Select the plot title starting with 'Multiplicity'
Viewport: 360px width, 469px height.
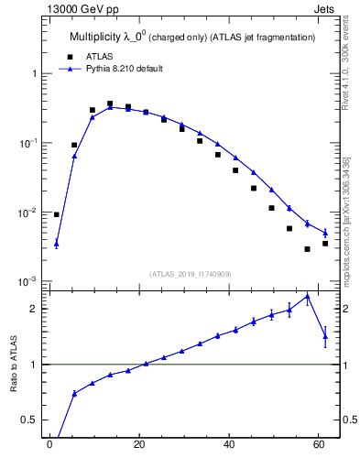(x=192, y=37)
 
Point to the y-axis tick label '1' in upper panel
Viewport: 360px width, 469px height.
(x=33, y=73)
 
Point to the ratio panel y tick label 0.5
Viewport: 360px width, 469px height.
(x=29, y=420)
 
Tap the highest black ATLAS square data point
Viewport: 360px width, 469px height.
(x=110, y=104)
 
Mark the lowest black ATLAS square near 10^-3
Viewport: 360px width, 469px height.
(x=307, y=249)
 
